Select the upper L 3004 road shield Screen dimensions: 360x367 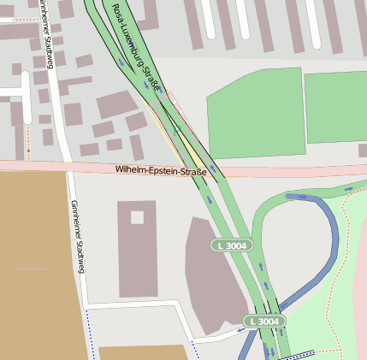click(x=233, y=245)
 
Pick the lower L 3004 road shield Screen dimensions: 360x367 click(x=263, y=321)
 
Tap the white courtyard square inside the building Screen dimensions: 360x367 click(x=137, y=217)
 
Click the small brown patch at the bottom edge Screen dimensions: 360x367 click(x=141, y=352)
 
